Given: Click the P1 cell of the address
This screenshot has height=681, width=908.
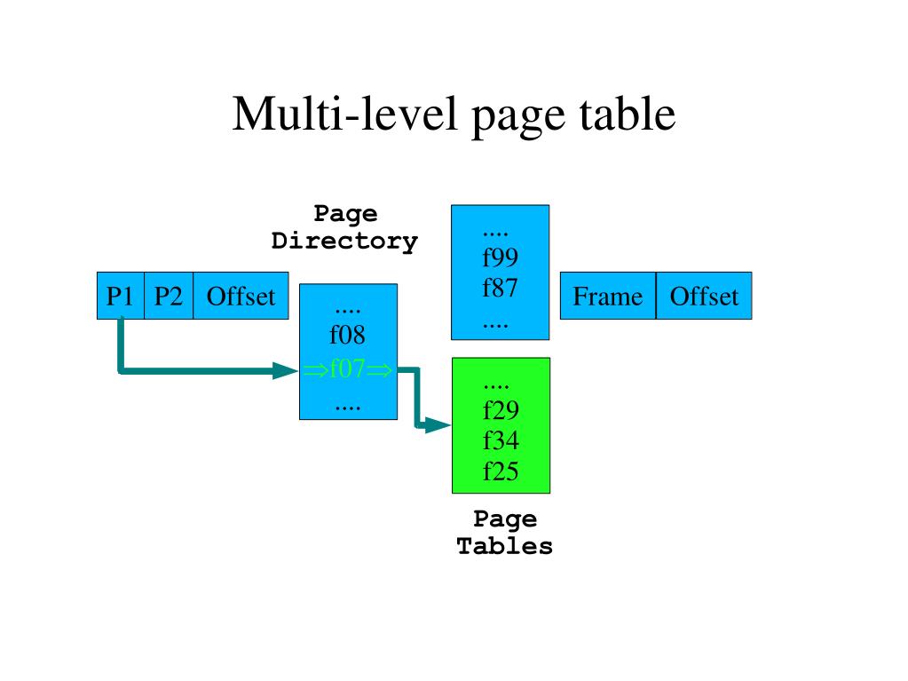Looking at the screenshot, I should (120, 296).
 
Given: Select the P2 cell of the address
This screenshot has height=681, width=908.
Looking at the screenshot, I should (168, 296).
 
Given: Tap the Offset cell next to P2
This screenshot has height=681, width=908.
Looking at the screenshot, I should (241, 296).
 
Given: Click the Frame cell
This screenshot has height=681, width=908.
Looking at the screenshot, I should (608, 296).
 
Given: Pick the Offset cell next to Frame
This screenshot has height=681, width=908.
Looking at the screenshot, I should (704, 296).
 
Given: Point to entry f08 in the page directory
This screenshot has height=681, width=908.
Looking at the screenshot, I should (347, 336).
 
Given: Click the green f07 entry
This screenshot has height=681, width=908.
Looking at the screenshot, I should (347, 368).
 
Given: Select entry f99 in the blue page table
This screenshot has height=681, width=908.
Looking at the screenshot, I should (501, 258).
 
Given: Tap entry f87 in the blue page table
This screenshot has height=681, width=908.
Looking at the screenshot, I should (501, 289).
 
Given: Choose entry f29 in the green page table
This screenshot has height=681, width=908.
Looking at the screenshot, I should (501, 411).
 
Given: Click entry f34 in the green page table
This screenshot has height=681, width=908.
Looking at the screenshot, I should (501, 441).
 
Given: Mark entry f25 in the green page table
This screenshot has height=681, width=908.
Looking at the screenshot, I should (501, 471).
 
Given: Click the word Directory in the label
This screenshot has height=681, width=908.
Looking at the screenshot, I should (344, 241).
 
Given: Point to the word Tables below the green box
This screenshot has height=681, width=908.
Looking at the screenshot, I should (504, 546).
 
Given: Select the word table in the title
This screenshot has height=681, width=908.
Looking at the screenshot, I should (627, 115).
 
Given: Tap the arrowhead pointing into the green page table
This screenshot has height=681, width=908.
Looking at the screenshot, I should (438, 426).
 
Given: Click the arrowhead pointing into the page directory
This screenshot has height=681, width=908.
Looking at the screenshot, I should (286, 369).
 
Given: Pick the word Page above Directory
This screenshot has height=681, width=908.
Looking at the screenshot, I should (345, 214).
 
